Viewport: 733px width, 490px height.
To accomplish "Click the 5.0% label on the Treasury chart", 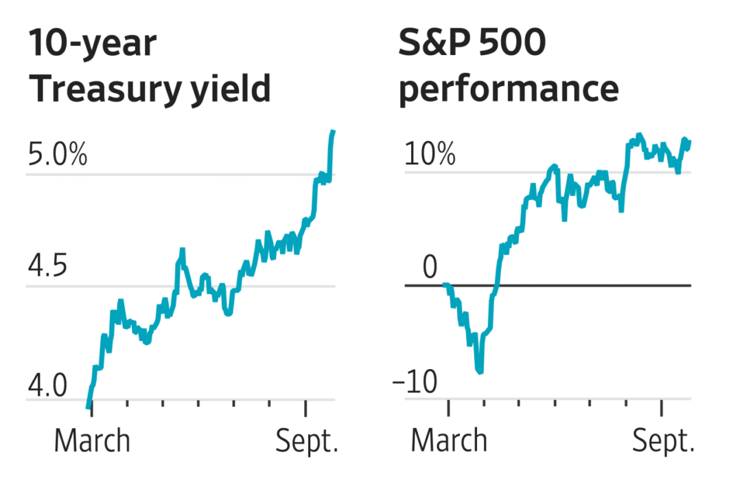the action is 58,154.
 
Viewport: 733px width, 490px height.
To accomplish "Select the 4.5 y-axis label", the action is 47,265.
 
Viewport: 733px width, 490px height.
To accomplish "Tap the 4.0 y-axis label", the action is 47,386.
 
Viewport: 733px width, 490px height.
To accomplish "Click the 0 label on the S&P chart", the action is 430,267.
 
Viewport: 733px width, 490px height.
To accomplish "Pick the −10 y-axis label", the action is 415,381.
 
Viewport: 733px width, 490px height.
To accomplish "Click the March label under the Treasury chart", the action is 92,441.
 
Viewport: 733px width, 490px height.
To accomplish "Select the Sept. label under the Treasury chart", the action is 307,441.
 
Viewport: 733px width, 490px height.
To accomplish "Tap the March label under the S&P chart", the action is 449,441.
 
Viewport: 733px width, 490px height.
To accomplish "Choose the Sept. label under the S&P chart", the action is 664,441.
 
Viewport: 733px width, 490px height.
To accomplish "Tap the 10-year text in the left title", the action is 93,44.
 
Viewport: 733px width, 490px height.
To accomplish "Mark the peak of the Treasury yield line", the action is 334,131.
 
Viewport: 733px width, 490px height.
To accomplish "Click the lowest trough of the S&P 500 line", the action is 480,372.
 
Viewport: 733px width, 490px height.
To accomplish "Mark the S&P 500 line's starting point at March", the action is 445,285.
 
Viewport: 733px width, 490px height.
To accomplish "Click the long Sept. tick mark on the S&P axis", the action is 662,408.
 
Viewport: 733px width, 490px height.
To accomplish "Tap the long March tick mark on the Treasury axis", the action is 92,408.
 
